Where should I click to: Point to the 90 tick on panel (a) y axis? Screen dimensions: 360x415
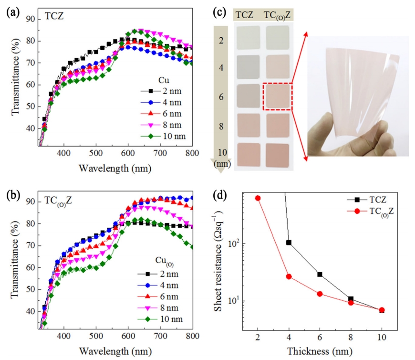[31, 19]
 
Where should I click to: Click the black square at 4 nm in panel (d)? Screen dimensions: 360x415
[289, 243]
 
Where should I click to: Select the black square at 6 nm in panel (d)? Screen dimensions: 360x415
[320, 275]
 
